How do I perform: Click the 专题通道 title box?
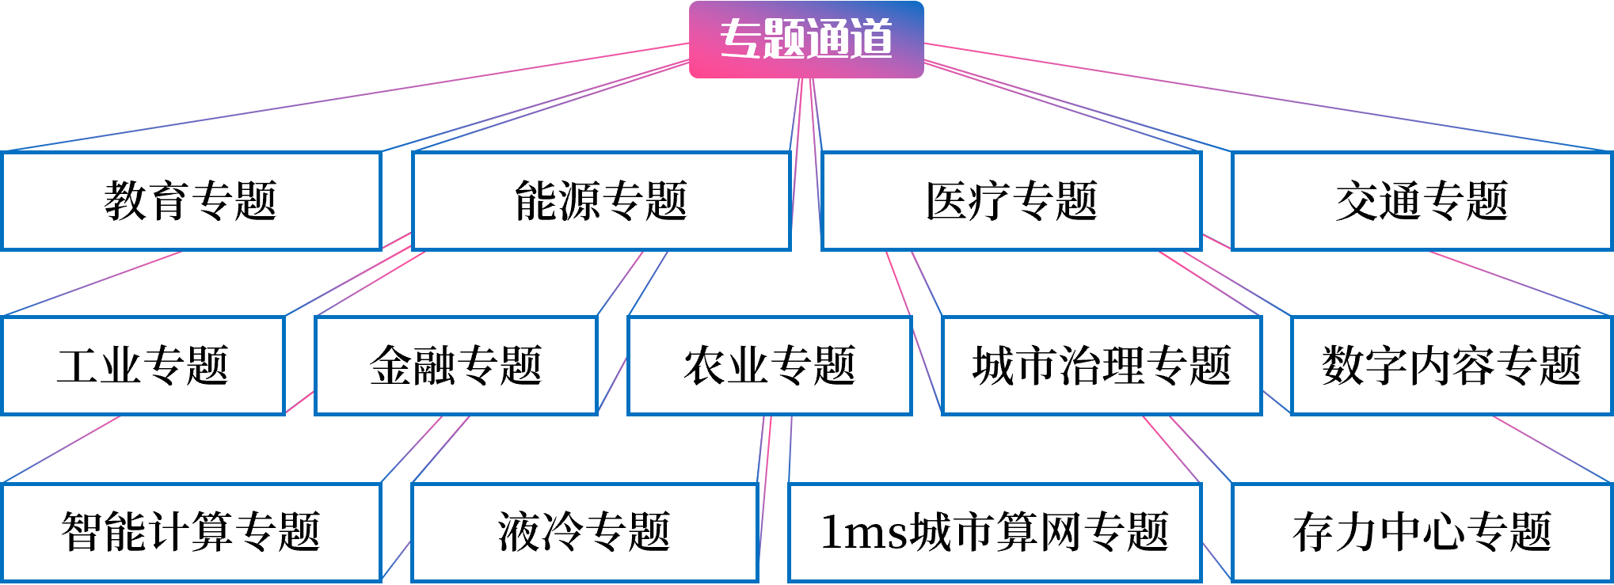(x=806, y=40)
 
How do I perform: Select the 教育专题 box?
(x=192, y=201)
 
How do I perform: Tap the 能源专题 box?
(x=601, y=201)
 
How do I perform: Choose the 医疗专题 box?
(x=1011, y=201)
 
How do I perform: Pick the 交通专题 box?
(x=1422, y=201)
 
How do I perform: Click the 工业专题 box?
(x=143, y=366)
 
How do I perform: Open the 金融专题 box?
(x=455, y=366)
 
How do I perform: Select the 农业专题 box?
(x=769, y=366)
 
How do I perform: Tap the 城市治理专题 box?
(x=1101, y=366)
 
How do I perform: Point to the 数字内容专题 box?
(x=1451, y=366)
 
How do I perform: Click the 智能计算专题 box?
(x=192, y=532)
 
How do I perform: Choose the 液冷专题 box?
(x=584, y=532)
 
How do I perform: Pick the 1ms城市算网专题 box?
(x=995, y=532)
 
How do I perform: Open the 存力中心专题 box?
(x=1422, y=532)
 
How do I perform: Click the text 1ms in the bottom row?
(x=864, y=532)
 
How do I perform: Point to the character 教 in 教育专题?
(x=125, y=201)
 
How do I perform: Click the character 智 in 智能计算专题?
(x=82, y=532)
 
